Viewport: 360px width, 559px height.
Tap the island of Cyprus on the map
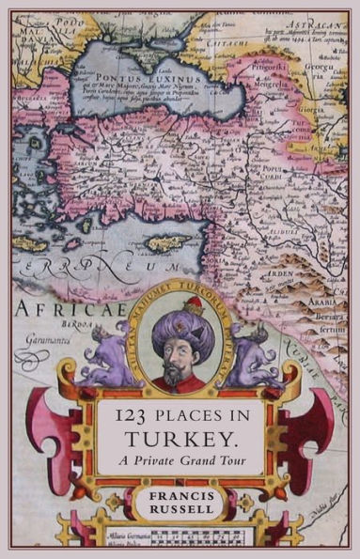pos(167,243)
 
